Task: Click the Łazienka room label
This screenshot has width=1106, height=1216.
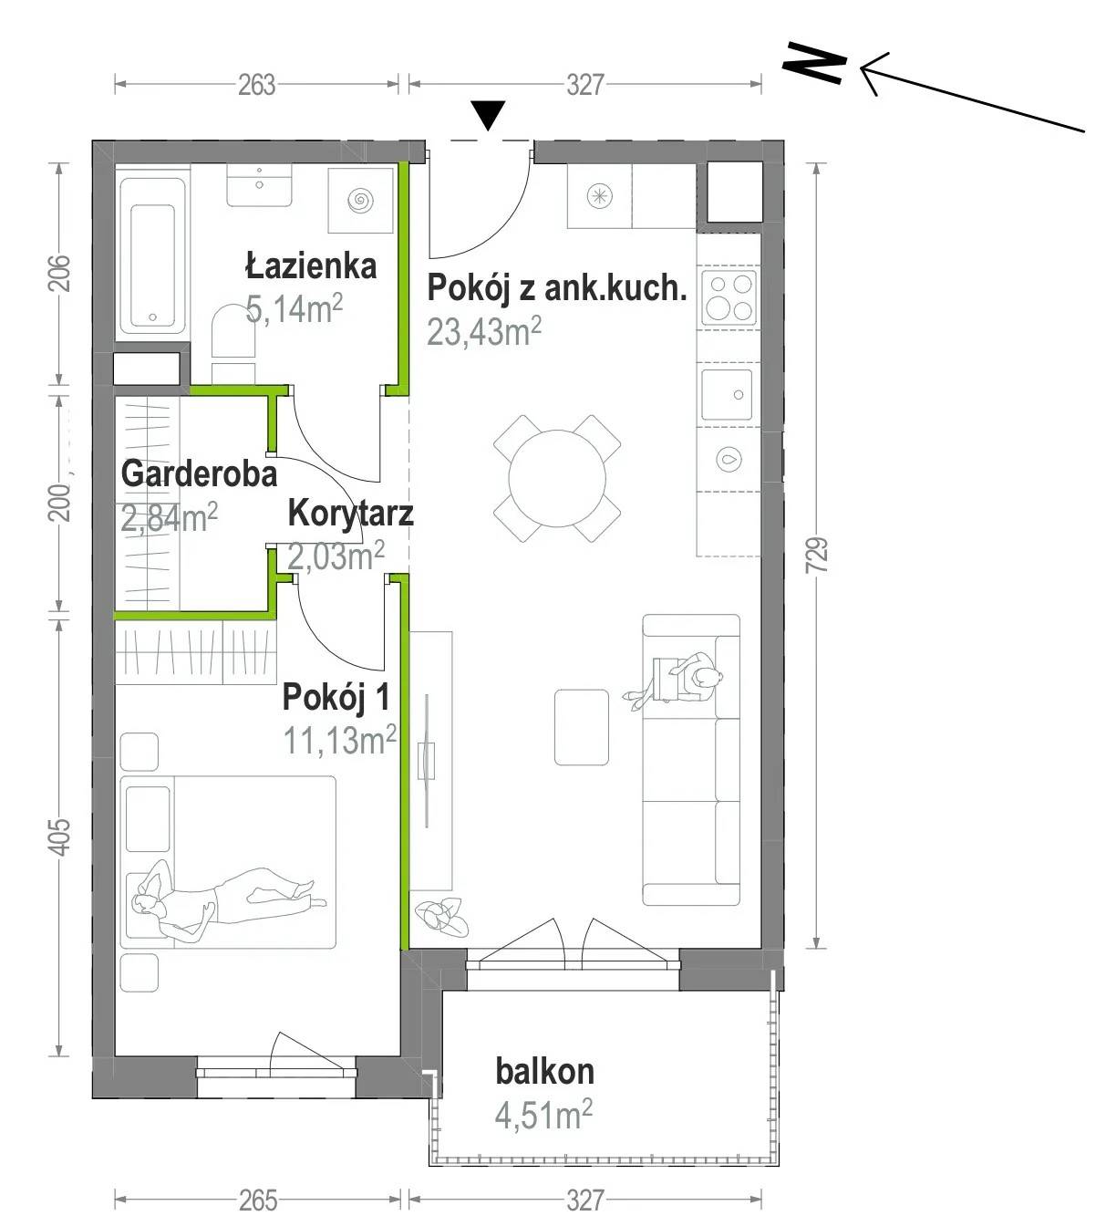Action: tap(311, 266)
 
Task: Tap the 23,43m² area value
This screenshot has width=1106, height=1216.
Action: tap(483, 331)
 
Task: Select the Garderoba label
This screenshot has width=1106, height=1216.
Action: tap(199, 473)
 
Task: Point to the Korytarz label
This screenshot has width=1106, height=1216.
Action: tap(350, 514)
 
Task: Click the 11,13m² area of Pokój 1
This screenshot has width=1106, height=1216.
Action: tap(339, 740)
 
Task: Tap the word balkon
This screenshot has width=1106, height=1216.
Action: tap(544, 1071)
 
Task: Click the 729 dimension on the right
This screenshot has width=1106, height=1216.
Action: tap(816, 554)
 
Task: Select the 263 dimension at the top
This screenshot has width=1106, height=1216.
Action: tap(256, 85)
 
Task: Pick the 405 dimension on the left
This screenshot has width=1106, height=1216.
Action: tap(59, 837)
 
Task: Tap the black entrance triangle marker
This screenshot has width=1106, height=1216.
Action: tap(489, 115)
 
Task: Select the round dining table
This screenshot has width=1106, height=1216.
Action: tap(557, 478)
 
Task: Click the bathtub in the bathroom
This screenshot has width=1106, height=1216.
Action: tap(152, 255)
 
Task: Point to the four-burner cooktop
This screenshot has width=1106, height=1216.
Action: tap(729, 298)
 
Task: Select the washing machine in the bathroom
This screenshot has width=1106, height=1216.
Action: tap(360, 200)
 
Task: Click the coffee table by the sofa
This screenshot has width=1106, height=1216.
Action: tap(581, 727)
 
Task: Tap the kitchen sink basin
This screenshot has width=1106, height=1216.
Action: tap(727, 395)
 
